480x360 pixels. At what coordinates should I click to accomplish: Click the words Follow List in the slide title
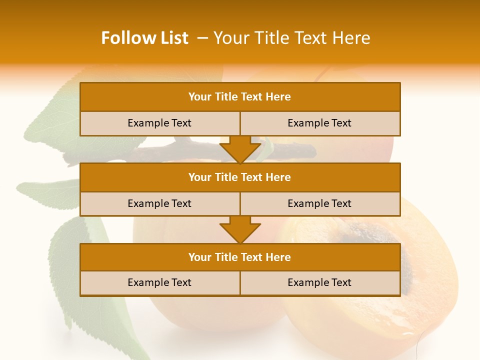pos(144,38)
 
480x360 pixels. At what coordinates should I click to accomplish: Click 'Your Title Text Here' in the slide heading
pos(291,38)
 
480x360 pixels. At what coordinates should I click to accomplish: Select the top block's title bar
pos(240,97)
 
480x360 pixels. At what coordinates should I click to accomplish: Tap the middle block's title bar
pos(240,177)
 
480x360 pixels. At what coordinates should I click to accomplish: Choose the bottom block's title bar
pos(240,257)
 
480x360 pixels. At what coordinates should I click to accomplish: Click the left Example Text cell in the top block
pos(159,123)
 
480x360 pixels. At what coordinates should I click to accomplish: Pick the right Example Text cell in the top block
pos(320,123)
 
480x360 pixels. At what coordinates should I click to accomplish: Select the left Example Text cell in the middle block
pos(159,204)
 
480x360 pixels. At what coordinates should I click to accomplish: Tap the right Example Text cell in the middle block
pos(320,204)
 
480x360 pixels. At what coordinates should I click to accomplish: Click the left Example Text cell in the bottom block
pos(159,283)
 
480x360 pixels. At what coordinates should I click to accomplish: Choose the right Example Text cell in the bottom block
pos(320,283)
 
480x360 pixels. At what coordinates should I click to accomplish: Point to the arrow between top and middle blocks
pos(240,149)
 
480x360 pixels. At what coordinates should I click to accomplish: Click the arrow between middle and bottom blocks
pos(240,229)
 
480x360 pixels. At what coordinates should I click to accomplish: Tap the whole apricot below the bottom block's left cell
pos(210,312)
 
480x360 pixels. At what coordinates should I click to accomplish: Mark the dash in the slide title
pos(202,38)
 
